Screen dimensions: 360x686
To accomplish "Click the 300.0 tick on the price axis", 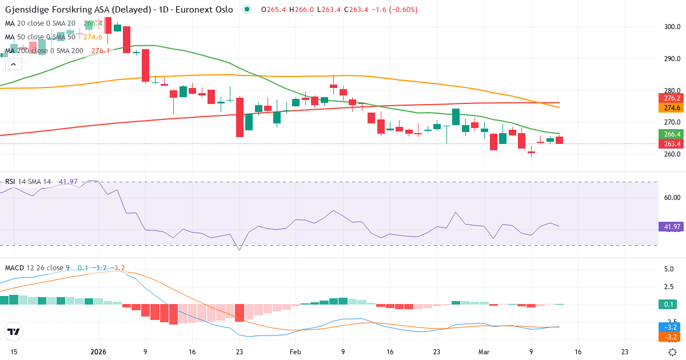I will [x=672, y=26].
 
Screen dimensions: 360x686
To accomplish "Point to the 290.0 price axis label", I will [x=672, y=58].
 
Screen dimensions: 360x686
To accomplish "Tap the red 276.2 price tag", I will [x=671, y=98].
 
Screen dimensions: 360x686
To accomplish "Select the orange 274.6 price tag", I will [x=671, y=108].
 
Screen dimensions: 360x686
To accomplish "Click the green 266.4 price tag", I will [x=671, y=134].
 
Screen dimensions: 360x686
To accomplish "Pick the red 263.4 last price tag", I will [x=671, y=143].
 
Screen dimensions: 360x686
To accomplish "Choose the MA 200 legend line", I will [x=45, y=50].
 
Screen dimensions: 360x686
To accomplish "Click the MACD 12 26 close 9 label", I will [x=38, y=267].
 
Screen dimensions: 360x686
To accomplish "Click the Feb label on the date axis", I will [x=295, y=352].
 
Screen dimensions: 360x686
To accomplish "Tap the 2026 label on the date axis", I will [x=98, y=352].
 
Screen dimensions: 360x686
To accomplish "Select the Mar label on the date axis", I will [x=484, y=352].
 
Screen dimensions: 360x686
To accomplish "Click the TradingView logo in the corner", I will [x=13, y=331].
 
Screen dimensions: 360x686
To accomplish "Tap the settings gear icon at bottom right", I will [x=673, y=352].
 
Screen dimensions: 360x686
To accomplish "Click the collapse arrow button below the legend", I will [x=13, y=64].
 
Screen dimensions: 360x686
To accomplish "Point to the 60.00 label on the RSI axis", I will [x=672, y=197].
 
